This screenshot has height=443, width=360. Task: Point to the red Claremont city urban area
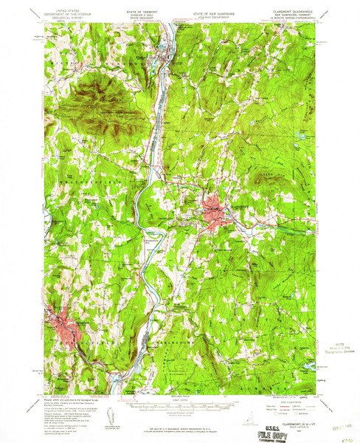tap(213, 210)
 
